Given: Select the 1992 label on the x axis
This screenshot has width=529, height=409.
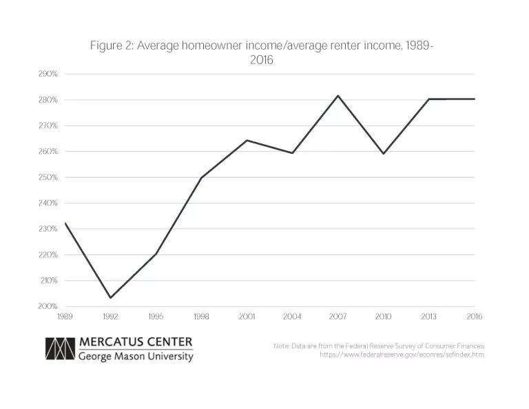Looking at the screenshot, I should point(110,317).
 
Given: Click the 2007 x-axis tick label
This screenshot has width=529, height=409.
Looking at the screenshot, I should point(338,317).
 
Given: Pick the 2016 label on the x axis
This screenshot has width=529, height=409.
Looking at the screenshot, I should point(474,317).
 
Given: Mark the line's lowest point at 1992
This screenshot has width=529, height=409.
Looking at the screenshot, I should point(110,298).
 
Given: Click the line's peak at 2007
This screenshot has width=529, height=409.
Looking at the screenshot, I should point(338,95).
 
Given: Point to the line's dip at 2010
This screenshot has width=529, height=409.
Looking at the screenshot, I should point(383,153).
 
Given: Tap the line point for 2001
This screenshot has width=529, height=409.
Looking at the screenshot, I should point(247,140).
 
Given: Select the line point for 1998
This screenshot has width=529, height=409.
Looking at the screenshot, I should point(201,177).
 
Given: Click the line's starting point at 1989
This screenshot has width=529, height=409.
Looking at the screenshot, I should point(65,222).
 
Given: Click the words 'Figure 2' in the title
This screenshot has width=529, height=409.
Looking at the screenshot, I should point(111,46).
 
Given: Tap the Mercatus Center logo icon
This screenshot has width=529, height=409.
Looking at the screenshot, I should point(59,348).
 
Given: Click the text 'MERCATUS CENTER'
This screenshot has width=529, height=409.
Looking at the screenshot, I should point(136,342).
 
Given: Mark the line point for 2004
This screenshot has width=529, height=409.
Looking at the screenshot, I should point(292,152).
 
